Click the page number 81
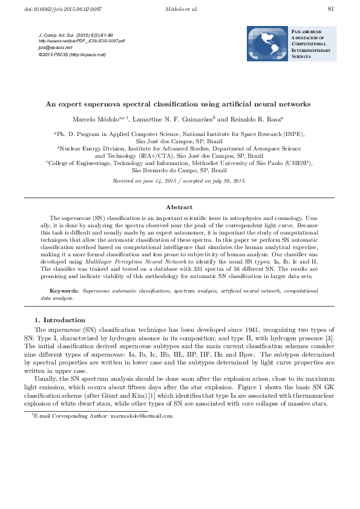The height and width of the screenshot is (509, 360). point(330,8)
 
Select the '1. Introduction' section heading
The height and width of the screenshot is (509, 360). point(60,319)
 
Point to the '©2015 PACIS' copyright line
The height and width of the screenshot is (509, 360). point(71,54)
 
